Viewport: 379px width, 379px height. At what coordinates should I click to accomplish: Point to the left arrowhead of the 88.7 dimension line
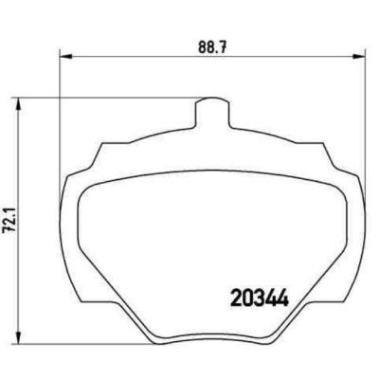[65, 56]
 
